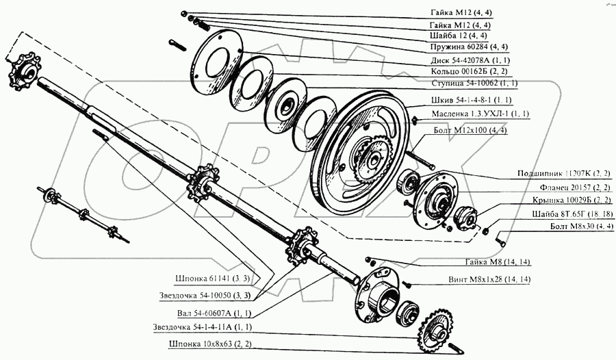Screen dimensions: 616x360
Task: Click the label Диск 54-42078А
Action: [470, 60]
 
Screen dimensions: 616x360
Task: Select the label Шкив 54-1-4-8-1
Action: [472, 100]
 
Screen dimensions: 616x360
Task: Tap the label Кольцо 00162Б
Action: [469, 72]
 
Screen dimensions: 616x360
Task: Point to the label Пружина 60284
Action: [469, 47]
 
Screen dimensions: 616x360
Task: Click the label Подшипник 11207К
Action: [564, 173]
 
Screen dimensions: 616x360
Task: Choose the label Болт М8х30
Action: [581, 227]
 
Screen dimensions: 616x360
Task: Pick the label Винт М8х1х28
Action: [489, 279]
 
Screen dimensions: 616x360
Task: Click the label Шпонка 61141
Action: [212, 279]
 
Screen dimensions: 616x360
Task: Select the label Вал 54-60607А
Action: [214, 313]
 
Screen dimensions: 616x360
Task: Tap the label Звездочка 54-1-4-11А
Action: [203, 327]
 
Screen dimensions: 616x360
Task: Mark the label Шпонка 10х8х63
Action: [210, 344]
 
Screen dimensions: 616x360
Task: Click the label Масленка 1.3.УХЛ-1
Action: [480, 114]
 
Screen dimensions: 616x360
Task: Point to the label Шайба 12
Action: [459, 36]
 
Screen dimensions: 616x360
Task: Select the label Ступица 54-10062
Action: [474, 83]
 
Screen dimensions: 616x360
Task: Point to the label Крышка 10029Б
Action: [572, 200]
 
